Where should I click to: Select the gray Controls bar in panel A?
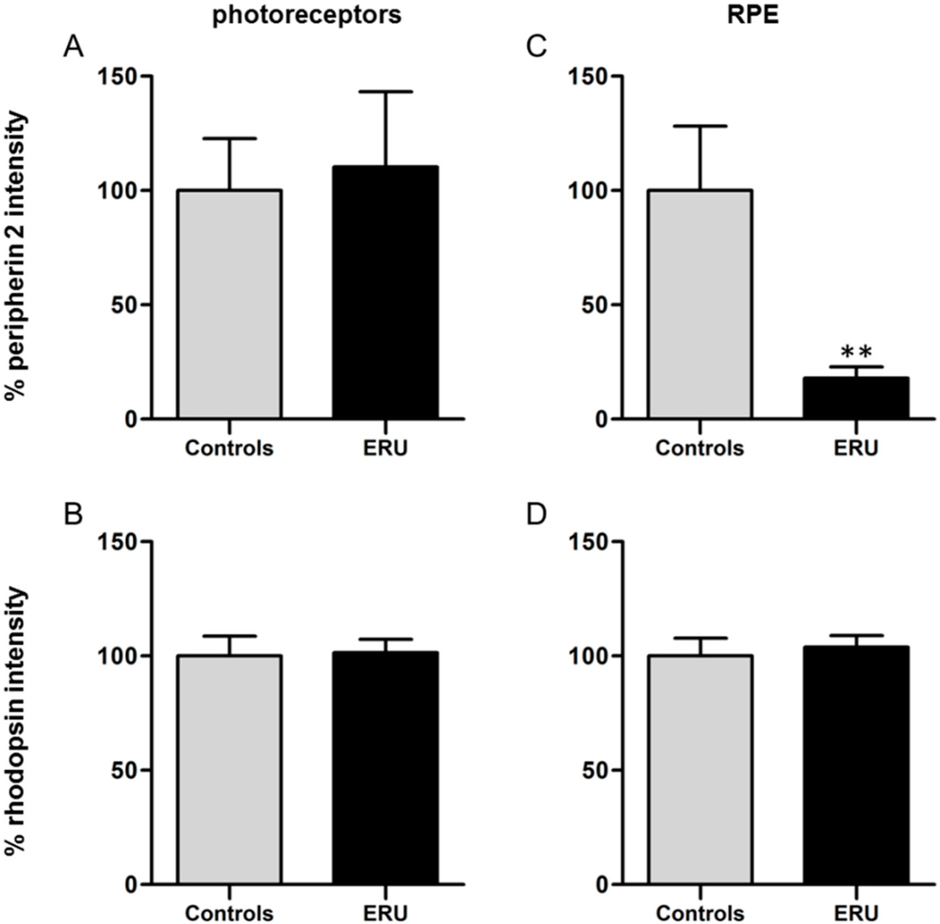coord(229,305)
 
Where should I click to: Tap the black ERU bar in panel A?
coord(386,293)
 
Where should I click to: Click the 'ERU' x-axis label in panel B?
coord(386,913)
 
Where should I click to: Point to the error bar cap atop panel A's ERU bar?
coord(386,92)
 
